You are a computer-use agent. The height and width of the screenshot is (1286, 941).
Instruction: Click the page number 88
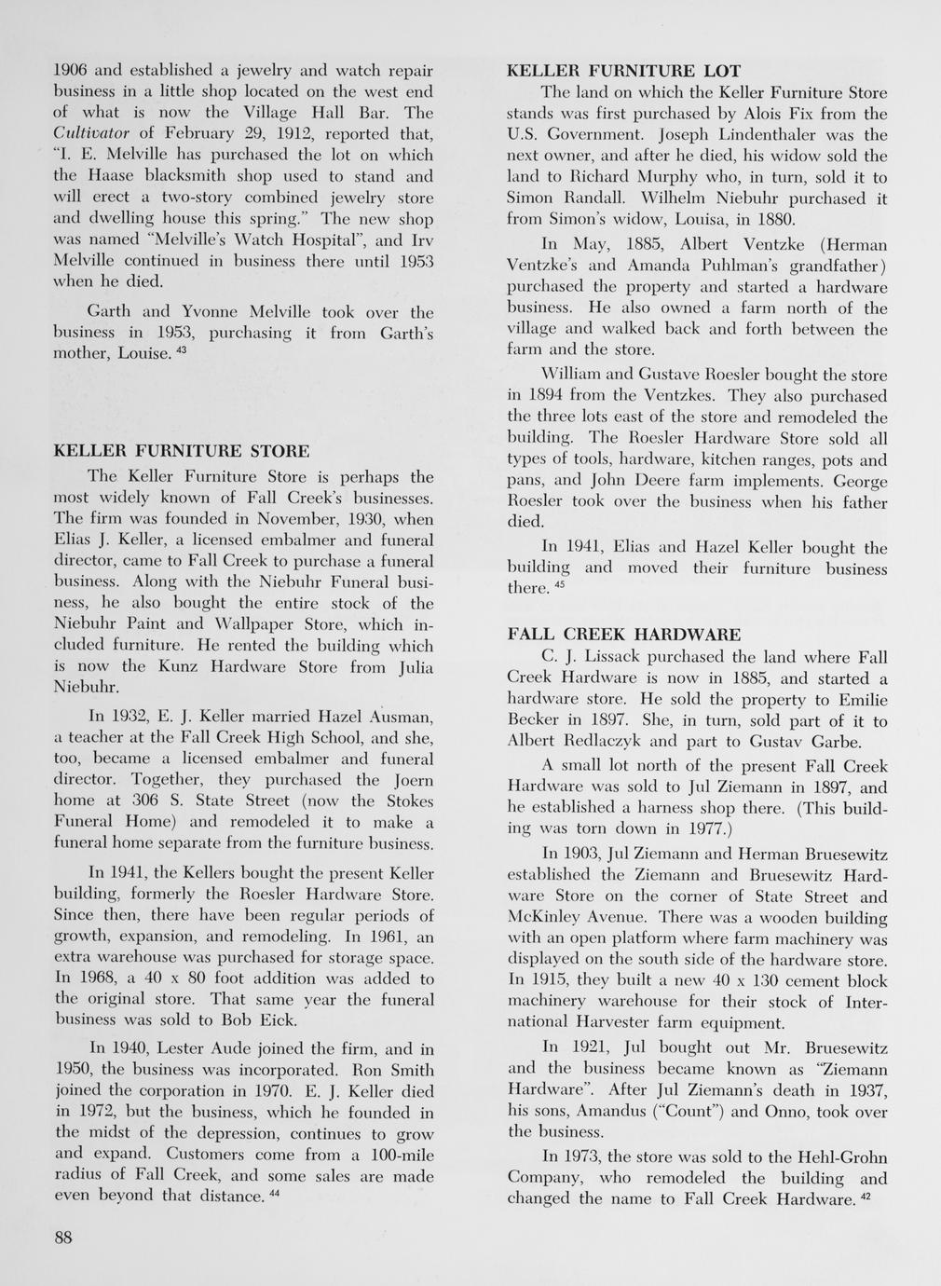tap(64, 1238)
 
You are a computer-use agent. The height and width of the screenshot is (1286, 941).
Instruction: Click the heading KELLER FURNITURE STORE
tap(182, 452)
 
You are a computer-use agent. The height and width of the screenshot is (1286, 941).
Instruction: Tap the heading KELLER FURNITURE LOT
tap(623, 71)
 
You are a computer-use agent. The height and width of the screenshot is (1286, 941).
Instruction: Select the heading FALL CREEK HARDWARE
tap(624, 634)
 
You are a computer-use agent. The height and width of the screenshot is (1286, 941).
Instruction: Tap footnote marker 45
tap(559, 584)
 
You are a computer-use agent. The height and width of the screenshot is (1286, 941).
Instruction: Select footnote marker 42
tap(865, 1195)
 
